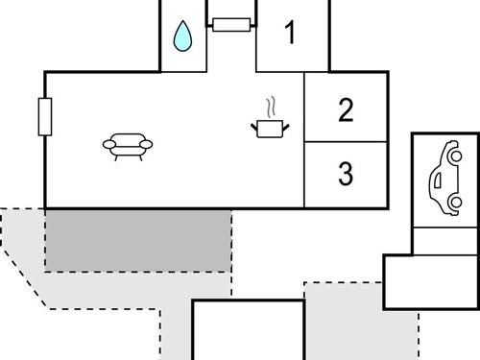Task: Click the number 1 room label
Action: pos(290,34)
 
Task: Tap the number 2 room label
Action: pos(346,109)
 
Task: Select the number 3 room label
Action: pos(346,175)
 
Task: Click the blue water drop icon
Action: pos(181,37)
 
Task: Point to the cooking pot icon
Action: pos(270,127)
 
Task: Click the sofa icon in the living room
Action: pos(128,146)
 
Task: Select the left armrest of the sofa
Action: pos(108,145)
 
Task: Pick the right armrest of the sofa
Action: pos(147,145)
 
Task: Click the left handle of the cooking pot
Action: pos(254,123)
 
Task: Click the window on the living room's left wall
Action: pos(44,117)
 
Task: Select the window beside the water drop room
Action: pos(231,24)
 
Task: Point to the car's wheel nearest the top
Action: pos(455,155)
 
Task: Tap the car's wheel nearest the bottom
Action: pos(455,204)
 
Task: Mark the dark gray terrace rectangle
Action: pos(138,239)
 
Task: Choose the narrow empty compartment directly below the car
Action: pos(444,241)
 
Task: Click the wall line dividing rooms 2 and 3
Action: pos(346,142)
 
